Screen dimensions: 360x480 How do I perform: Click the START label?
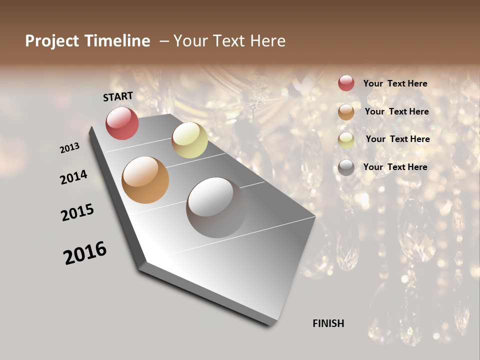(x=118, y=96)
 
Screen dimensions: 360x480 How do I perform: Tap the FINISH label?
(x=328, y=323)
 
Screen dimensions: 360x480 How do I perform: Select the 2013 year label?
(x=69, y=148)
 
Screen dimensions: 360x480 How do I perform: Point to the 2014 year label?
(x=73, y=177)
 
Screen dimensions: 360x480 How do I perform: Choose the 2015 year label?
(x=77, y=212)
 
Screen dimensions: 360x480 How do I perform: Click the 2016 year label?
(x=85, y=253)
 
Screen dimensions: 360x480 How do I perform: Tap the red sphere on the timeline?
(x=122, y=123)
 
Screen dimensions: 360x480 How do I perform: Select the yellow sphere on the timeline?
(x=189, y=140)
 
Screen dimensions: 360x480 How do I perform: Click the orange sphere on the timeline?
(x=145, y=179)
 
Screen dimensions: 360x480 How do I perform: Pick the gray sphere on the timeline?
(x=216, y=207)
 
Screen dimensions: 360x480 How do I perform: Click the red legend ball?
(x=346, y=83)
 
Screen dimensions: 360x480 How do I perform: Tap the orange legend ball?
(x=346, y=112)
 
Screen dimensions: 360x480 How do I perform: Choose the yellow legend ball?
(x=346, y=140)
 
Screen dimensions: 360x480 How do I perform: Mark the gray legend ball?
(x=346, y=167)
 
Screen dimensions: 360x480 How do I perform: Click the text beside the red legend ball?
(x=395, y=84)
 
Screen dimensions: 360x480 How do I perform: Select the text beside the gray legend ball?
(x=395, y=167)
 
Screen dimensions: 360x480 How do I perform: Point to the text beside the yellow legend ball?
(x=397, y=139)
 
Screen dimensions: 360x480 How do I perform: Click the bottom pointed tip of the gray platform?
(x=270, y=325)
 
